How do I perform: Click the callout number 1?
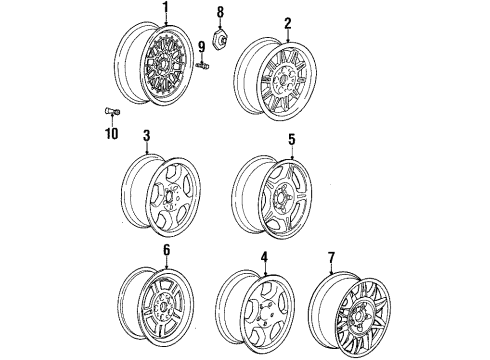[x=166, y=7]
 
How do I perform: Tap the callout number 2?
[x=288, y=24]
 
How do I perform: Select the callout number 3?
[x=147, y=136]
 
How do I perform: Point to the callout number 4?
[x=264, y=257]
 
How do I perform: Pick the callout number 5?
[x=292, y=140]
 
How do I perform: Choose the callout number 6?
[x=166, y=250]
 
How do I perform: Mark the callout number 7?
[x=331, y=257]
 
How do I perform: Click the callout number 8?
[x=220, y=12]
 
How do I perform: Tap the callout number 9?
[x=201, y=47]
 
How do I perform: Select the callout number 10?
[x=112, y=133]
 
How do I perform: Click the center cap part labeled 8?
[x=220, y=36]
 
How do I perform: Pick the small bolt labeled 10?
[x=112, y=112]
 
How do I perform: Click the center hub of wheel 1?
[x=164, y=63]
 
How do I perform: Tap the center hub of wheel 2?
[x=283, y=80]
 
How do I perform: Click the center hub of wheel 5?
[x=283, y=197]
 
